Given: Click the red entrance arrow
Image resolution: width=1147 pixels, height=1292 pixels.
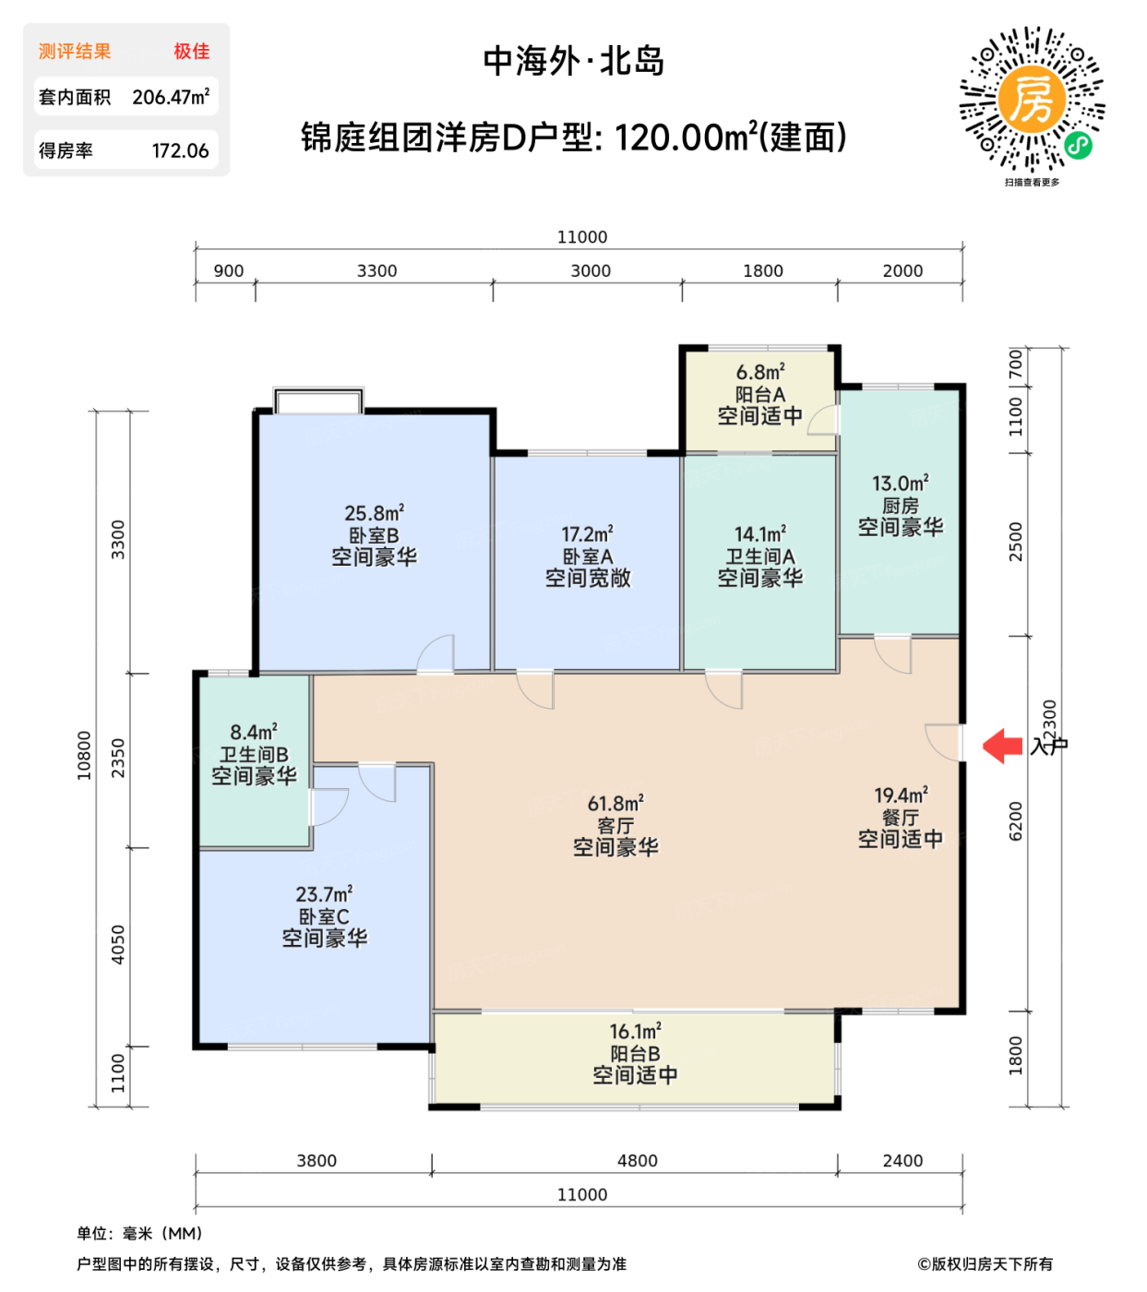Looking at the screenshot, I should [x=1002, y=745].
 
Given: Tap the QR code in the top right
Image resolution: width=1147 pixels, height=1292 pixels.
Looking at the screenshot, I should [x=1032, y=101].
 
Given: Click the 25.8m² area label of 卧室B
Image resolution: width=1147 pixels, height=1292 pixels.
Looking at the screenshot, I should [x=374, y=513].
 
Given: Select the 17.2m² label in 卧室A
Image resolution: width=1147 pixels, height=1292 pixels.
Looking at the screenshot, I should [x=587, y=534].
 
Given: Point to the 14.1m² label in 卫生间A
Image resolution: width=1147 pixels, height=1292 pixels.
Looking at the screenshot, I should [x=759, y=534].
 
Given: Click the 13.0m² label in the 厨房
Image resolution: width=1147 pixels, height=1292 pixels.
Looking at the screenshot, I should [x=900, y=484].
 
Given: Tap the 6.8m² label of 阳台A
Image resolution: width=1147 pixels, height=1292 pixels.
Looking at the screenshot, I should [x=759, y=372].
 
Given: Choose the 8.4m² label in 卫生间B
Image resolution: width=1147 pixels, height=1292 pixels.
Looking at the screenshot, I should [x=254, y=733].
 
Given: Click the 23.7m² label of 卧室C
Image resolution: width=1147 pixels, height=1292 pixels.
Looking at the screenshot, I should [x=324, y=894].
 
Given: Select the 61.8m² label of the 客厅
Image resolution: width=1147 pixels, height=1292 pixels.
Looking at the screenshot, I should [x=615, y=804].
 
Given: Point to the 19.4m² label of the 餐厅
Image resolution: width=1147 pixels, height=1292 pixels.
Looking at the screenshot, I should [x=901, y=796].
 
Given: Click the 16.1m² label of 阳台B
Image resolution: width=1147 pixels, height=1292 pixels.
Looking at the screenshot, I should [x=635, y=1032].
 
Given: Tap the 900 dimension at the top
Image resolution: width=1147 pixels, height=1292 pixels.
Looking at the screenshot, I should [x=228, y=271].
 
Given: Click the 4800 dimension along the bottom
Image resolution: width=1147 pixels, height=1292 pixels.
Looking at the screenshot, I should [x=637, y=1161].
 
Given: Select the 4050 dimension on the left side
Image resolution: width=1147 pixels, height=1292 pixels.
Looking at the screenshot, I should [x=118, y=945].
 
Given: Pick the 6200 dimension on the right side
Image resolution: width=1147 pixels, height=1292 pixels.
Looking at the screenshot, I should [x=1016, y=820].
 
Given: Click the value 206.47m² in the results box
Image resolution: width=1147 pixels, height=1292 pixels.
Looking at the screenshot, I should [x=171, y=97].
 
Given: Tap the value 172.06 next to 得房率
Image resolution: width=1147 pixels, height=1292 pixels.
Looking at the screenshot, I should [x=180, y=150].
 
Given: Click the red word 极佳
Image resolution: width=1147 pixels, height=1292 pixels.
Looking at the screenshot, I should [x=191, y=52].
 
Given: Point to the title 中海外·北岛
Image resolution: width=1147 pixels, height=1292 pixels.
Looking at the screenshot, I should [x=573, y=61].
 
